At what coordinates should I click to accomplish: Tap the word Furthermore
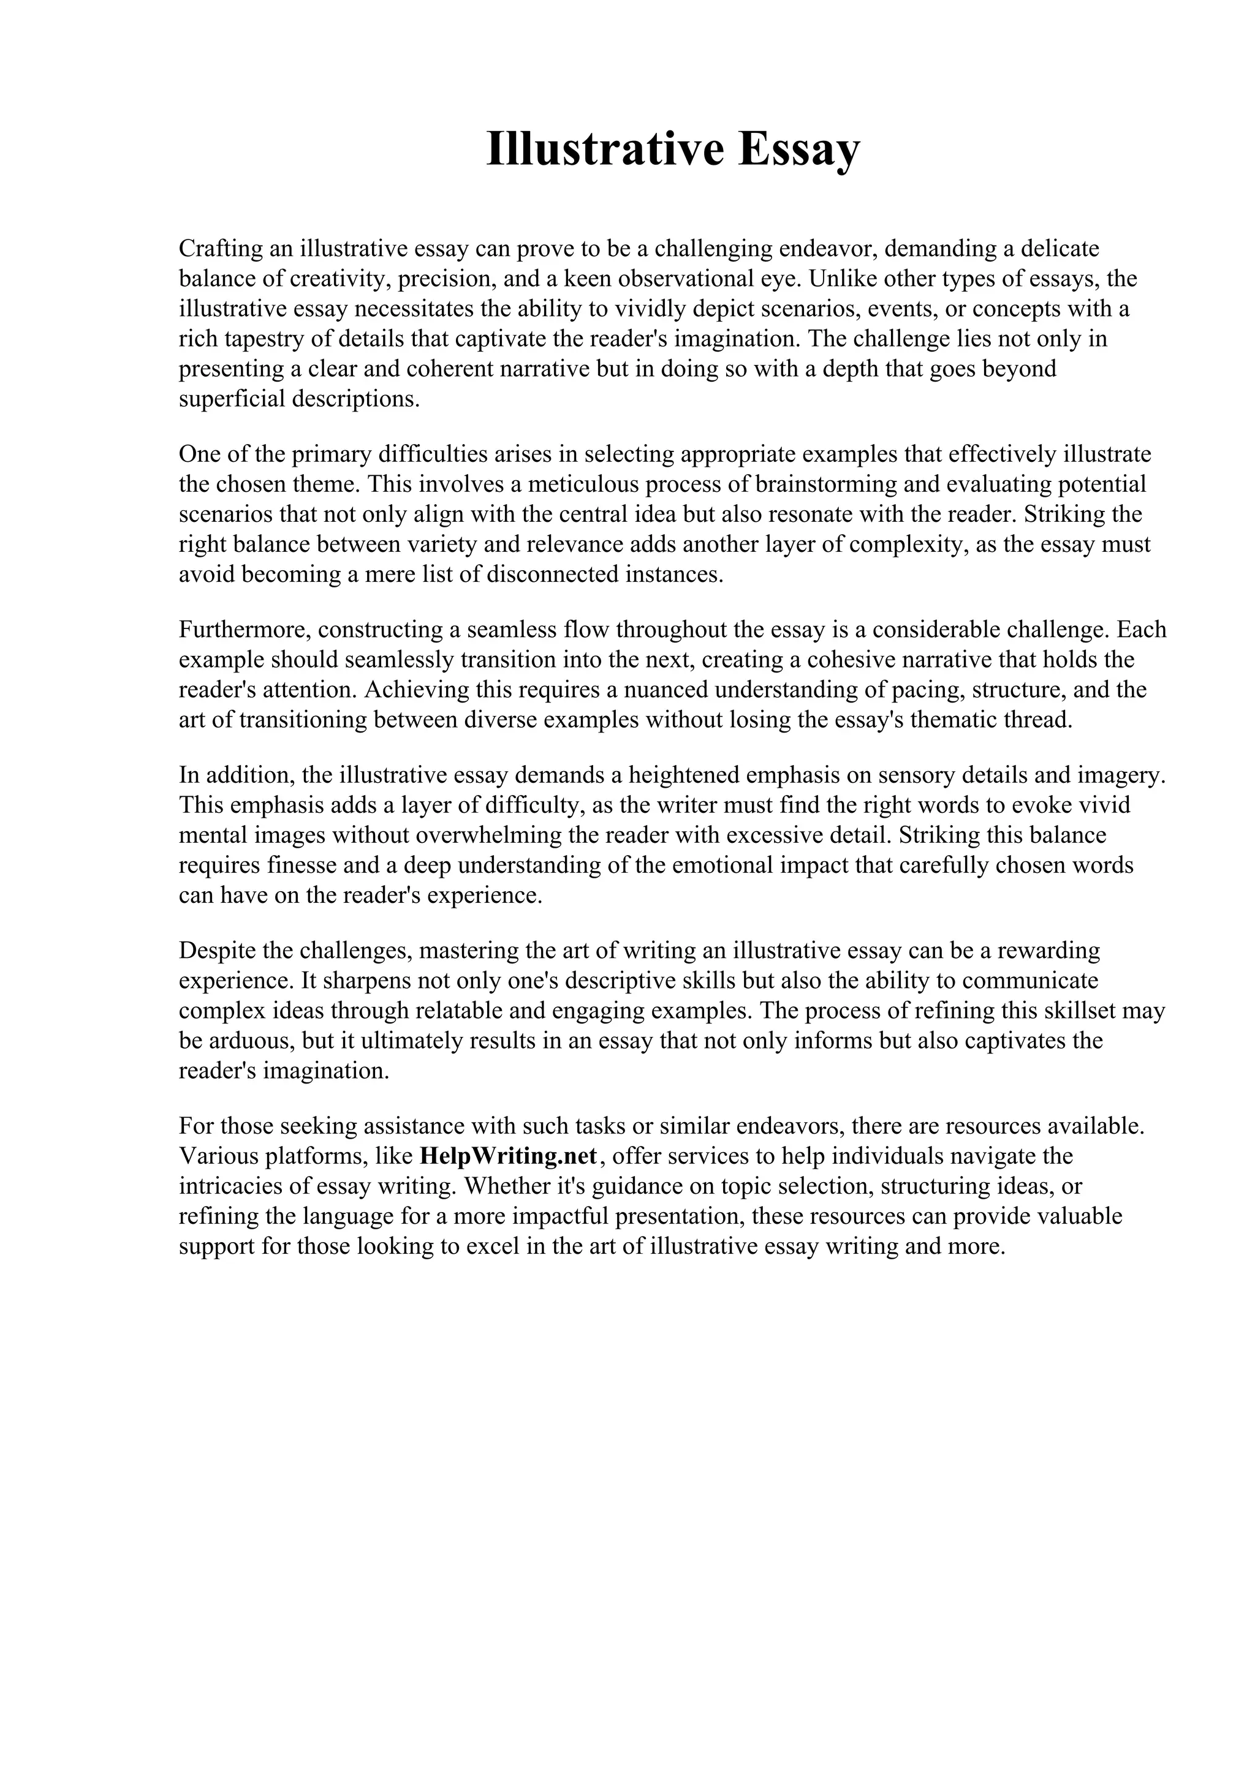(x=245, y=629)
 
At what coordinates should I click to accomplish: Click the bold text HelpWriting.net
(x=508, y=1156)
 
